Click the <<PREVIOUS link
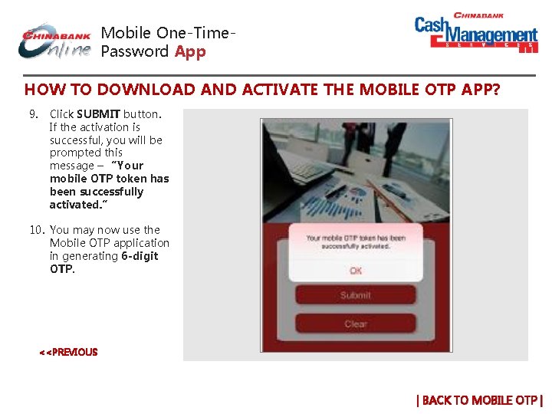[68, 353]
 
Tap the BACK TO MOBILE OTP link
[479, 400]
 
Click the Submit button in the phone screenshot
[355, 295]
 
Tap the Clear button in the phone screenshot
[355, 324]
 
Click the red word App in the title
[190, 52]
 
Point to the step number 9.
[34, 114]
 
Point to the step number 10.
[37, 230]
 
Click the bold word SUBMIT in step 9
[98, 114]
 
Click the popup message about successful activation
[355, 242]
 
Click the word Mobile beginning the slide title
[126, 33]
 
